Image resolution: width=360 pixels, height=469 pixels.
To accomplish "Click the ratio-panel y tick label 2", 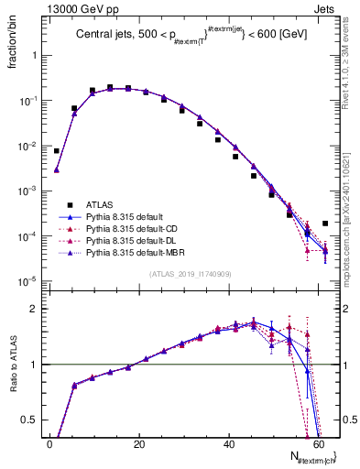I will coord(32,310).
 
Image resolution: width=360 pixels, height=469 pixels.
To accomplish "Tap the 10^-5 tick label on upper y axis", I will coord(27,280).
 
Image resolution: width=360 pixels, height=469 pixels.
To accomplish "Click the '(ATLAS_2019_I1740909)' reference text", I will coord(190,273).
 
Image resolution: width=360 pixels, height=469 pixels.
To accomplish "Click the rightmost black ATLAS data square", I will coord(325,223).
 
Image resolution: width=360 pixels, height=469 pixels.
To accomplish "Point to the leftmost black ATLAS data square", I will coord(57,151).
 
